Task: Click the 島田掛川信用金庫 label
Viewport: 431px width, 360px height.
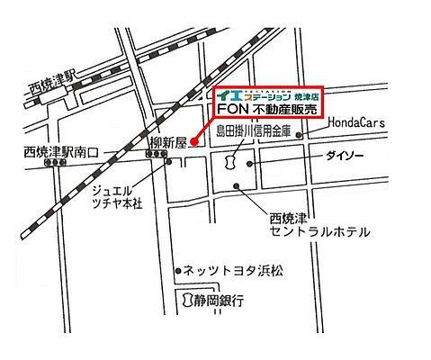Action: (253, 131)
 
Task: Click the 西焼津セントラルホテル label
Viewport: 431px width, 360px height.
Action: (319, 225)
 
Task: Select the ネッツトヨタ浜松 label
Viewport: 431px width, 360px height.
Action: (232, 268)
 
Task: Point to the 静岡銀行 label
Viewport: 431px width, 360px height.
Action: (220, 301)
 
